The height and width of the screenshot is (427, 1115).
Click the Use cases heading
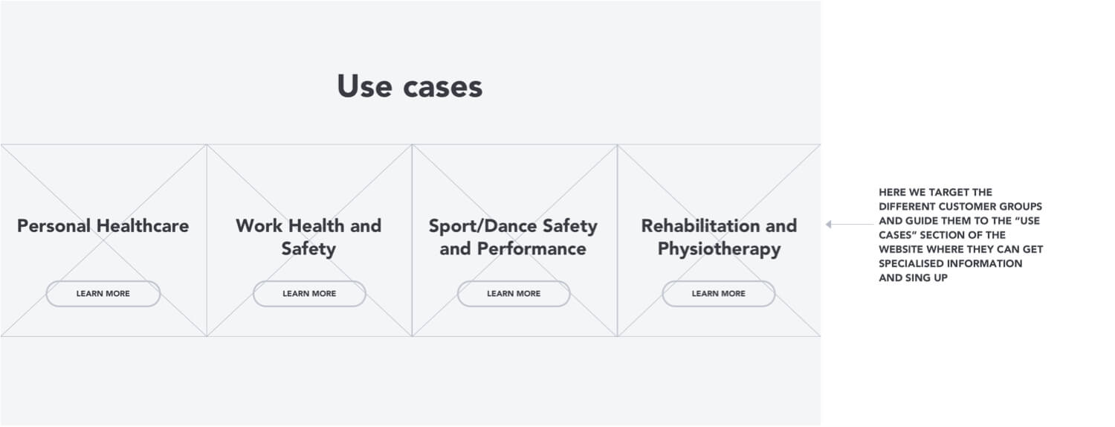pos(410,86)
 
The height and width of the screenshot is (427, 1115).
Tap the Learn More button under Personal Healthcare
pos(103,293)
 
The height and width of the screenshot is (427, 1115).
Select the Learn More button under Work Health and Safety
pos(310,293)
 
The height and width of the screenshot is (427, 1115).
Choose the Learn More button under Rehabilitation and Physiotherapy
pos(718,293)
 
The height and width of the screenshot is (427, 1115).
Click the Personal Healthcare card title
pos(103,225)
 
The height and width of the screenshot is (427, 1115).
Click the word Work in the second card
pos(259,225)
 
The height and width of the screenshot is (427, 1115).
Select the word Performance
pos(531,248)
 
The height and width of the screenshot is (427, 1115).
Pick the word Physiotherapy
pos(720,249)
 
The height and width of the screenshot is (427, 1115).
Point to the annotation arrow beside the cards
pos(849,224)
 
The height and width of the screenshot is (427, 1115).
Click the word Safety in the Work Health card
pos(308,249)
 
